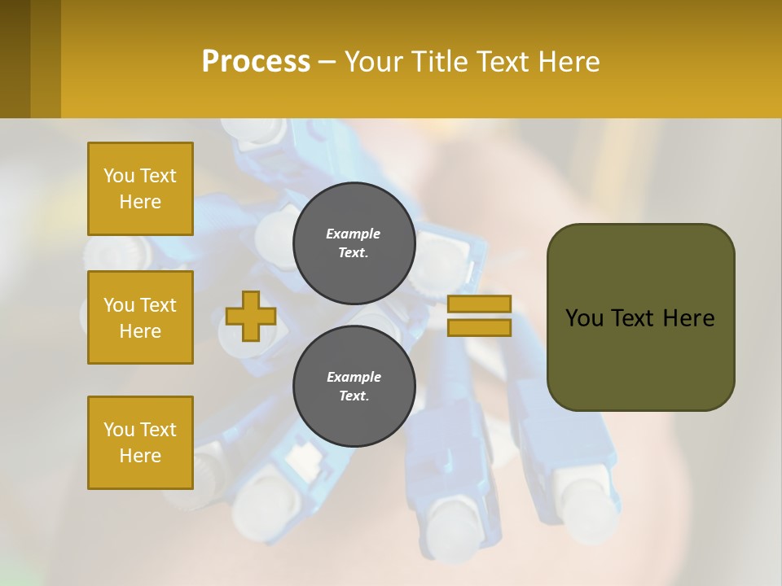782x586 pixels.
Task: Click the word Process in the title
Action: coord(256,62)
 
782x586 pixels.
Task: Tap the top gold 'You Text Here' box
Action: coord(140,189)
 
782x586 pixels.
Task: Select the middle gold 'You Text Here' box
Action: coord(140,317)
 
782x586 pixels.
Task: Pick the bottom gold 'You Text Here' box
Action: coord(140,443)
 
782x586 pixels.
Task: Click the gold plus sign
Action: coord(251,316)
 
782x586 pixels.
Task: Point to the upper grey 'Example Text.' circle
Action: coord(354,243)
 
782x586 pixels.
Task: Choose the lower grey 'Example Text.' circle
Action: coord(354,386)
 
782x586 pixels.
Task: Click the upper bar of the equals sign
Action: coord(479,304)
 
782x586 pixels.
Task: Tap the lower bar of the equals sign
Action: coord(479,327)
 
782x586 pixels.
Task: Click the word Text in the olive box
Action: coord(632,318)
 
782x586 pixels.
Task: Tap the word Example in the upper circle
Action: coord(354,234)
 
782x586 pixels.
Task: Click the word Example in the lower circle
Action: coord(354,377)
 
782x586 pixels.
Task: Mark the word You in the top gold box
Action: coord(119,176)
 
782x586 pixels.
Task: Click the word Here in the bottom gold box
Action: coord(140,456)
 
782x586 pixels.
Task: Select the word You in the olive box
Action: coord(584,318)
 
